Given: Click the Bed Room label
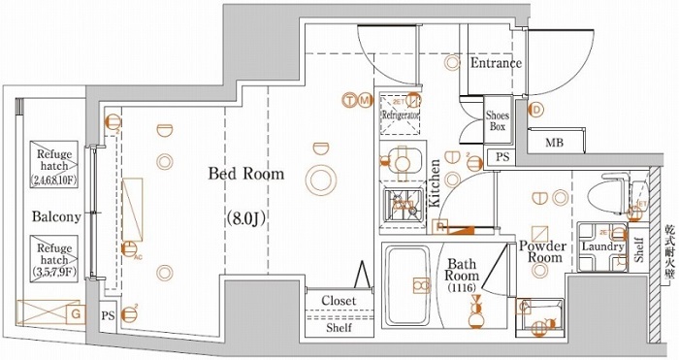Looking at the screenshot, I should point(246,175).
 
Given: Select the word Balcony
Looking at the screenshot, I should point(54,216).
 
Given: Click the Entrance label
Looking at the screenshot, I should point(496,64).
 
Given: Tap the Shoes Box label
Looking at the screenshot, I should point(498,121).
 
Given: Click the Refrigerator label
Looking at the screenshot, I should point(399,115).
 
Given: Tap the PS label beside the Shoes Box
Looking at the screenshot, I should point(501,157).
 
